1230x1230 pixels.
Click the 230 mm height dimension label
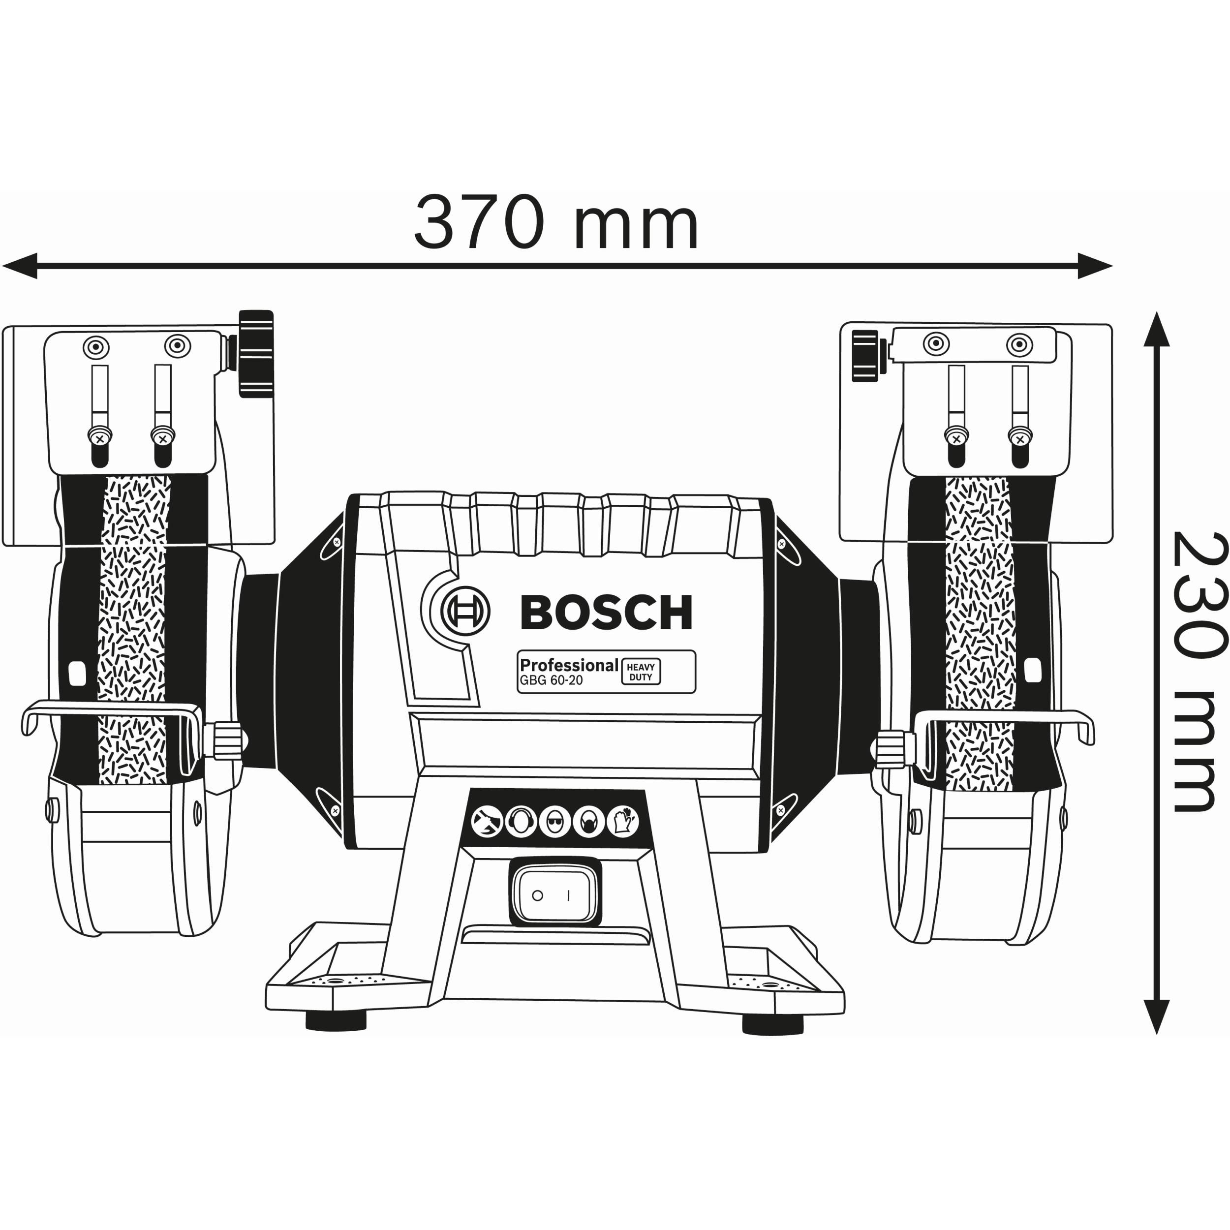pyautogui.click(x=1199, y=672)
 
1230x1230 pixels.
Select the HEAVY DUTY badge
pyautogui.click(x=641, y=672)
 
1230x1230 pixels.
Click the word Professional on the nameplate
pyautogui.click(x=569, y=665)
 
